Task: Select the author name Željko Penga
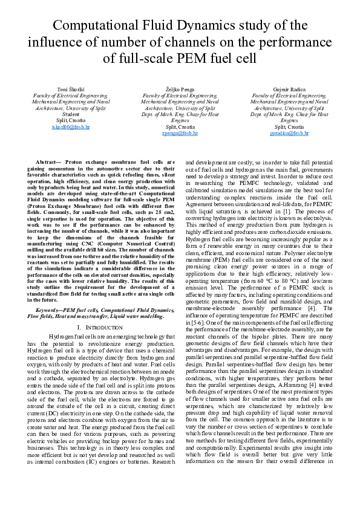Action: point(180,89)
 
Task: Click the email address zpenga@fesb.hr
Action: point(180,133)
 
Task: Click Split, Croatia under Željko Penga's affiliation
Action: point(180,126)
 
